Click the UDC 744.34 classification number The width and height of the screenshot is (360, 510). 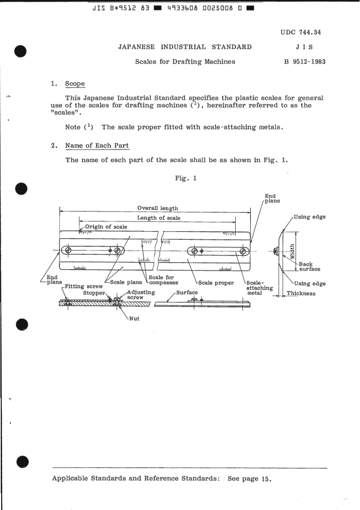coord(301,32)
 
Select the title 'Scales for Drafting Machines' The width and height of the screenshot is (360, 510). coord(185,62)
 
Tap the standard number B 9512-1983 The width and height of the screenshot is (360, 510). coord(305,62)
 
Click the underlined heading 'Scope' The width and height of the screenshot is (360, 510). coord(75,84)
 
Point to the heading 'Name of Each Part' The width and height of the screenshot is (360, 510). coord(97,145)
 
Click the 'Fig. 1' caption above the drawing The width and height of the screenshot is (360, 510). coord(186,178)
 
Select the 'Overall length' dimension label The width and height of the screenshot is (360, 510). coord(157,208)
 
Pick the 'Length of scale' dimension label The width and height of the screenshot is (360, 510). coord(158,218)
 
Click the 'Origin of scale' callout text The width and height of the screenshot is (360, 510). coord(106,227)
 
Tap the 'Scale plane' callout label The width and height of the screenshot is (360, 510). coord(126,282)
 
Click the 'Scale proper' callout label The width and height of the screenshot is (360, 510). coord(216,283)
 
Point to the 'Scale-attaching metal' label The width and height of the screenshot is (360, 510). coord(259,288)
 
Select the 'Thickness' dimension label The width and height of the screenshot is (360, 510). coord(301,293)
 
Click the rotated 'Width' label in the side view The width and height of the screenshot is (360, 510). coord(292,251)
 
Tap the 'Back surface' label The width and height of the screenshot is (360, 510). coord(309,267)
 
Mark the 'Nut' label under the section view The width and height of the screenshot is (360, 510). coord(134,319)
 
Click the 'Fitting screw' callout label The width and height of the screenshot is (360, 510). coord(83,286)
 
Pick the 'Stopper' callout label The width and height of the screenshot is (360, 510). coord(94,293)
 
